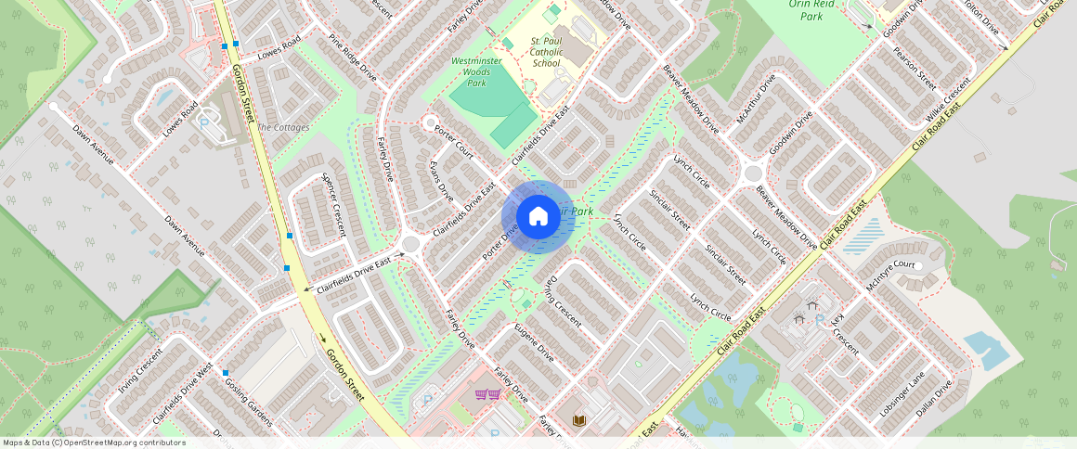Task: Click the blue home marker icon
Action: (x=538, y=217)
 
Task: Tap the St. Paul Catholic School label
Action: (x=546, y=52)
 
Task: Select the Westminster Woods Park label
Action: (x=476, y=71)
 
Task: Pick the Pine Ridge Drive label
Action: (x=352, y=58)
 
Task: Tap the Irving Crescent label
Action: (x=140, y=370)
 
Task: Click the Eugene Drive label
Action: (x=534, y=342)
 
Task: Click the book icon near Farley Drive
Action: (x=579, y=420)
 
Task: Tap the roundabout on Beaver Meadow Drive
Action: (x=752, y=173)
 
